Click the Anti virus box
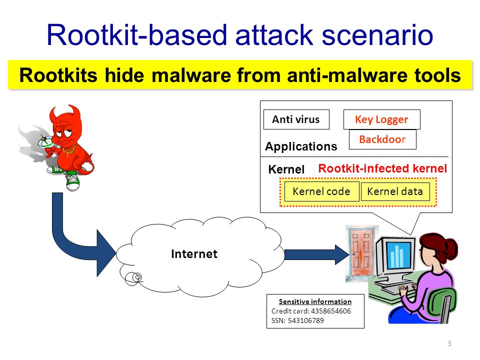point(296,119)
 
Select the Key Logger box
point(381,119)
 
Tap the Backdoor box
point(382,139)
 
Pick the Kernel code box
point(321,191)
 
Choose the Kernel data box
point(395,191)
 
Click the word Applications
point(301,146)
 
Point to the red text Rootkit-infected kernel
point(382,168)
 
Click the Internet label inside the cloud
point(194,254)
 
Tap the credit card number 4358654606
point(331,311)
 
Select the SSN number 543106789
point(306,320)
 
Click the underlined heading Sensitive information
point(315,301)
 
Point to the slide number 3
point(449,343)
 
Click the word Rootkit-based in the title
point(136,35)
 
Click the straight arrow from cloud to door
point(317,254)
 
